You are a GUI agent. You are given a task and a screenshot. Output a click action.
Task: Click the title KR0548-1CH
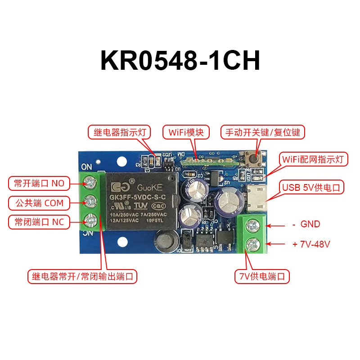[x=180, y=60]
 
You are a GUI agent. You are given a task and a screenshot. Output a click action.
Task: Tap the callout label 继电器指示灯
[x=119, y=132]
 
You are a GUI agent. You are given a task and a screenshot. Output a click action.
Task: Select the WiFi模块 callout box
[x=186, y=132]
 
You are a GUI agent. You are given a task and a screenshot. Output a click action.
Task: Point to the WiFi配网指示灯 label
[x=314, y=159]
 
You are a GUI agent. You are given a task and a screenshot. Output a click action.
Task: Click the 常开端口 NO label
[x=39, y=183]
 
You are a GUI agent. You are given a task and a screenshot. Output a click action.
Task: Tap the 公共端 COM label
[x=39, y=203]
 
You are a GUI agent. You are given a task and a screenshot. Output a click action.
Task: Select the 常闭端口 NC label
[x=39, y=222]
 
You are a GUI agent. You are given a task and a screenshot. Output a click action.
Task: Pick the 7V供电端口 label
[x=261, y=276]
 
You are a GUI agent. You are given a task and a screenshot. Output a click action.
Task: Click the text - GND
[x=306, y=224]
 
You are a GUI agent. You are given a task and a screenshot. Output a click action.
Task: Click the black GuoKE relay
[x=141, y=200]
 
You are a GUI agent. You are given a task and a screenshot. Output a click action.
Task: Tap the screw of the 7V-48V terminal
[x=252, y=244]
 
